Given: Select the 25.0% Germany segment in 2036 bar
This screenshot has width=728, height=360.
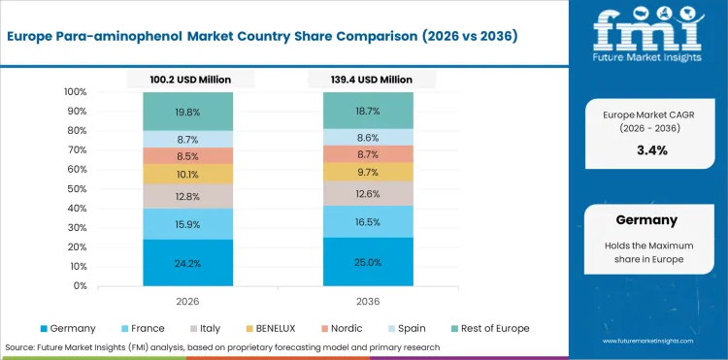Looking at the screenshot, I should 369,262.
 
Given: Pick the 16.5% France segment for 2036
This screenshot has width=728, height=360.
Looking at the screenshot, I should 369,221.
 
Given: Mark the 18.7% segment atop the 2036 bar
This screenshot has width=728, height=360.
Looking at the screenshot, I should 369,111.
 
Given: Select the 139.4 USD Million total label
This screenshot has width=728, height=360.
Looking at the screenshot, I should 369,79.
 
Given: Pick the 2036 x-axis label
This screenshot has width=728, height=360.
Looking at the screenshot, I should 369,301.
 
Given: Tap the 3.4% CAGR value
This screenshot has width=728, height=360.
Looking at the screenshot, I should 652,150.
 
